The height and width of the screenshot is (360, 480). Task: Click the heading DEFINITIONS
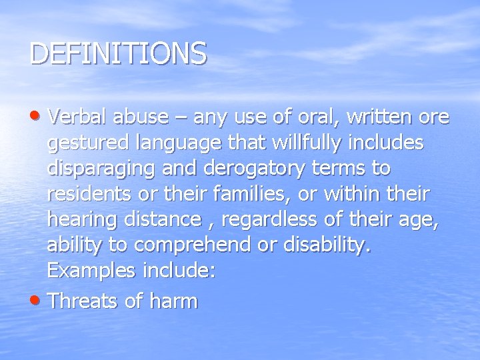[118, 54]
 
